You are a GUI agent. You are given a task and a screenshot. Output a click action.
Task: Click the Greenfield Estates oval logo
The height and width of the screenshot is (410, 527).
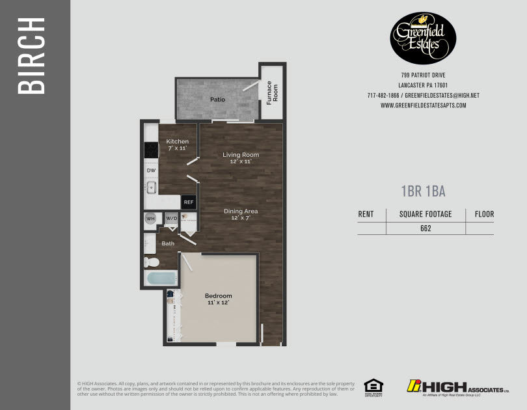coord(423,38)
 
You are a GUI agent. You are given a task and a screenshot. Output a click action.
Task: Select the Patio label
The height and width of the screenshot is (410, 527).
coord(217,100)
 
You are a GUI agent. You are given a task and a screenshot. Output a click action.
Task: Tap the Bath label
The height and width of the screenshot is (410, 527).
coord(168,243)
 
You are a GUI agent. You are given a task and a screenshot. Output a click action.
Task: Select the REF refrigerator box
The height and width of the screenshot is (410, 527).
coord(189,202)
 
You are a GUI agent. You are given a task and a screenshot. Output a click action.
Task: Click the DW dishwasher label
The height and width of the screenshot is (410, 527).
coord(151,171)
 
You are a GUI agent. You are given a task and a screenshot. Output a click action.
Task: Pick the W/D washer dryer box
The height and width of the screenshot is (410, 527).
coord(171,219)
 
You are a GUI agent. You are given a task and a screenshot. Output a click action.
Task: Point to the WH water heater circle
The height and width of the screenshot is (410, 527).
coord(150,219)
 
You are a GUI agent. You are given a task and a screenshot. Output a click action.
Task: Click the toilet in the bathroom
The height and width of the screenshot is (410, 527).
coord(152,262)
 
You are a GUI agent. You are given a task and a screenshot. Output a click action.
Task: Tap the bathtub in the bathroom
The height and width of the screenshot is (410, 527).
coord(160,280)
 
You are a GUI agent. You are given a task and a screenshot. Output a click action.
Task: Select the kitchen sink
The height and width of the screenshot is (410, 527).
coord(151,188)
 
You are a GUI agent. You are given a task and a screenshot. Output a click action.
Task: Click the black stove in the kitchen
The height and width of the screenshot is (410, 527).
coord(151,150)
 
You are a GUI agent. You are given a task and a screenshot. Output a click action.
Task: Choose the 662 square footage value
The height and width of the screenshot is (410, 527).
coord(426,228)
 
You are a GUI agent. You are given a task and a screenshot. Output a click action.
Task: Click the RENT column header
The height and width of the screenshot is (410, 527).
coord(366,214)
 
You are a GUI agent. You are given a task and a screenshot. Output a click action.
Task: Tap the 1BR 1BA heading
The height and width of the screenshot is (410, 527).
coord(423,191)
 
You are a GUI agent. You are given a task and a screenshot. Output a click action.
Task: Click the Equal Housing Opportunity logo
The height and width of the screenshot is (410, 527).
coord(373,387)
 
